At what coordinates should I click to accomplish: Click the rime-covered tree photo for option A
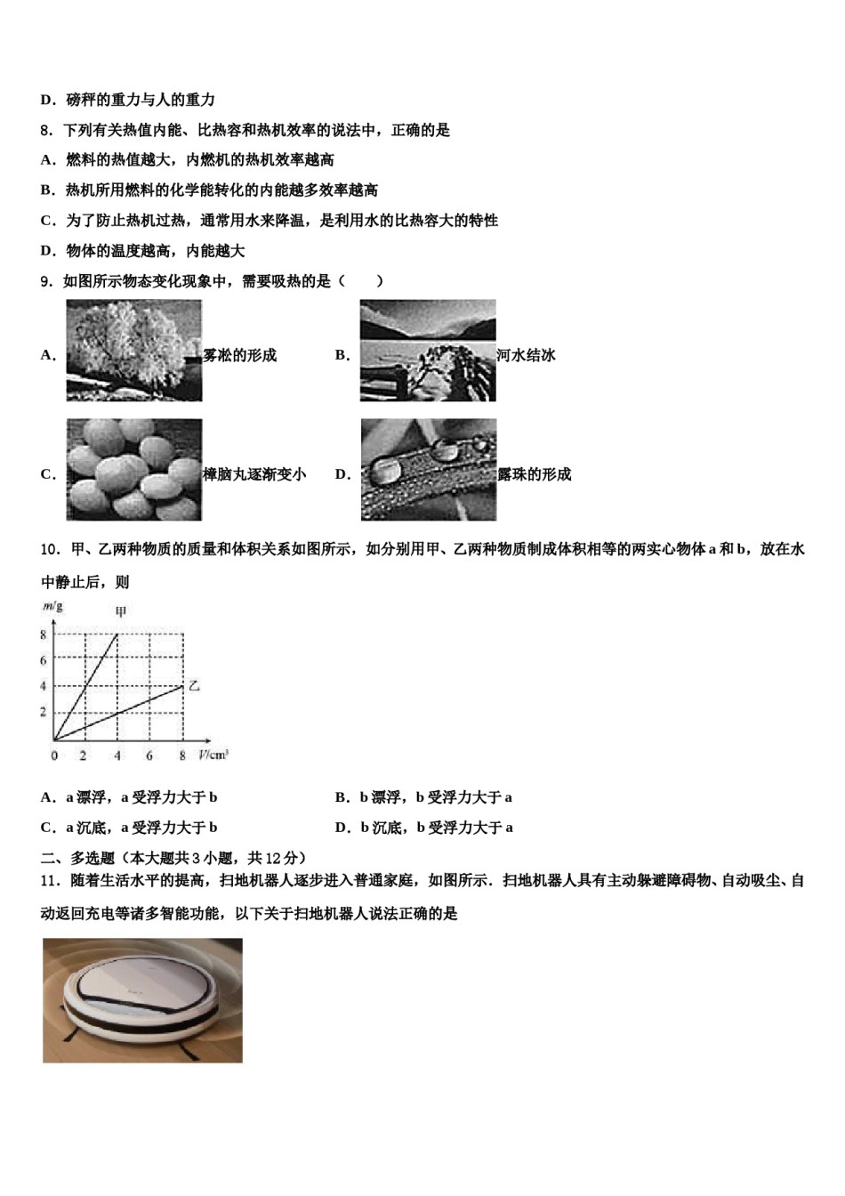133,350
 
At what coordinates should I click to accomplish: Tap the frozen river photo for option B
428,350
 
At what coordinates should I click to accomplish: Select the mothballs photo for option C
133,469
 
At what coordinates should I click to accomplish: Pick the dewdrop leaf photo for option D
428,469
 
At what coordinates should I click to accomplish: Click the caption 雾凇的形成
240,355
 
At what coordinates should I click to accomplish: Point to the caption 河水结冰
526,355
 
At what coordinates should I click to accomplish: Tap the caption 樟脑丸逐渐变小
254,474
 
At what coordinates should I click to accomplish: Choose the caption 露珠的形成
534,474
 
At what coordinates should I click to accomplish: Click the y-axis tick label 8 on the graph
43,634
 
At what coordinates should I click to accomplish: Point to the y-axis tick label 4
43,686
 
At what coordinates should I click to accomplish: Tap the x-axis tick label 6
149,756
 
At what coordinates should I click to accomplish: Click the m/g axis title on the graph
52,607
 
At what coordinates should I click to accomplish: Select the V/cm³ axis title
213,756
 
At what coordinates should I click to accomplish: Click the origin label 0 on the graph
54,756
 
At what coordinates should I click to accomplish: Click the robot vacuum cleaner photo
142,1000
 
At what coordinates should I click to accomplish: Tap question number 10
50,549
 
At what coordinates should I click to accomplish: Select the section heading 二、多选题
78,858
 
